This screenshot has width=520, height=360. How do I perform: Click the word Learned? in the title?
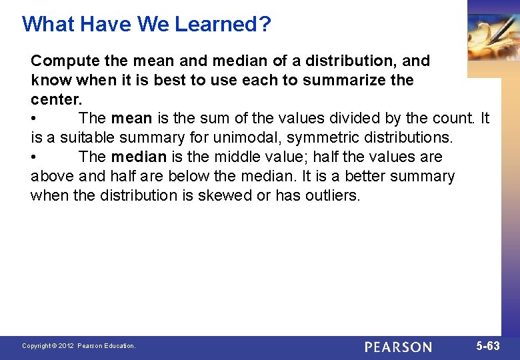pos(223,25)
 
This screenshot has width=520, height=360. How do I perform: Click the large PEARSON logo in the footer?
pos(398,347)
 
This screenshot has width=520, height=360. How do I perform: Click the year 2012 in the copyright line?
pos(66,346)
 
